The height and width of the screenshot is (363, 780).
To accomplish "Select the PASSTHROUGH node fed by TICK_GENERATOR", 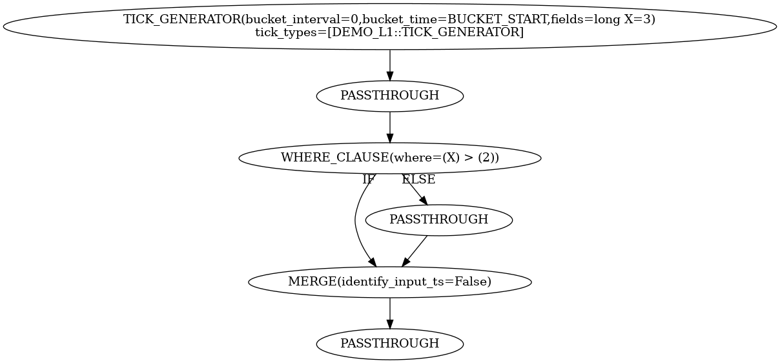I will tap(389, 96).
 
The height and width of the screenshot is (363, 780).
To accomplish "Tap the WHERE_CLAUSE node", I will tap(389, 158).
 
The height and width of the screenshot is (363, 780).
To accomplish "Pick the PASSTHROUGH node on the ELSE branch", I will tap(438, 220).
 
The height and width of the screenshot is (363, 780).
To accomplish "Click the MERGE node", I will tap(389, 282).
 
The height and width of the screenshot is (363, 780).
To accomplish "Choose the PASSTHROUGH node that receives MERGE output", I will tap(389, 344).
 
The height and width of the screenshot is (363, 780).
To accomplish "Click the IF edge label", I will tap(368, 180).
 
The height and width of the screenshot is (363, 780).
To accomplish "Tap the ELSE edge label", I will tap(418, 180).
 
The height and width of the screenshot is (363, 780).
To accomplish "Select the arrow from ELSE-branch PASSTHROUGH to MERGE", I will tap(415, 251).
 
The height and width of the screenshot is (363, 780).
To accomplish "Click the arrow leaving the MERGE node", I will tap(389, 313).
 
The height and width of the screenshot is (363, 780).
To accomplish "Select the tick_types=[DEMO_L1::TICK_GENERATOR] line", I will tap(389, 32).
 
